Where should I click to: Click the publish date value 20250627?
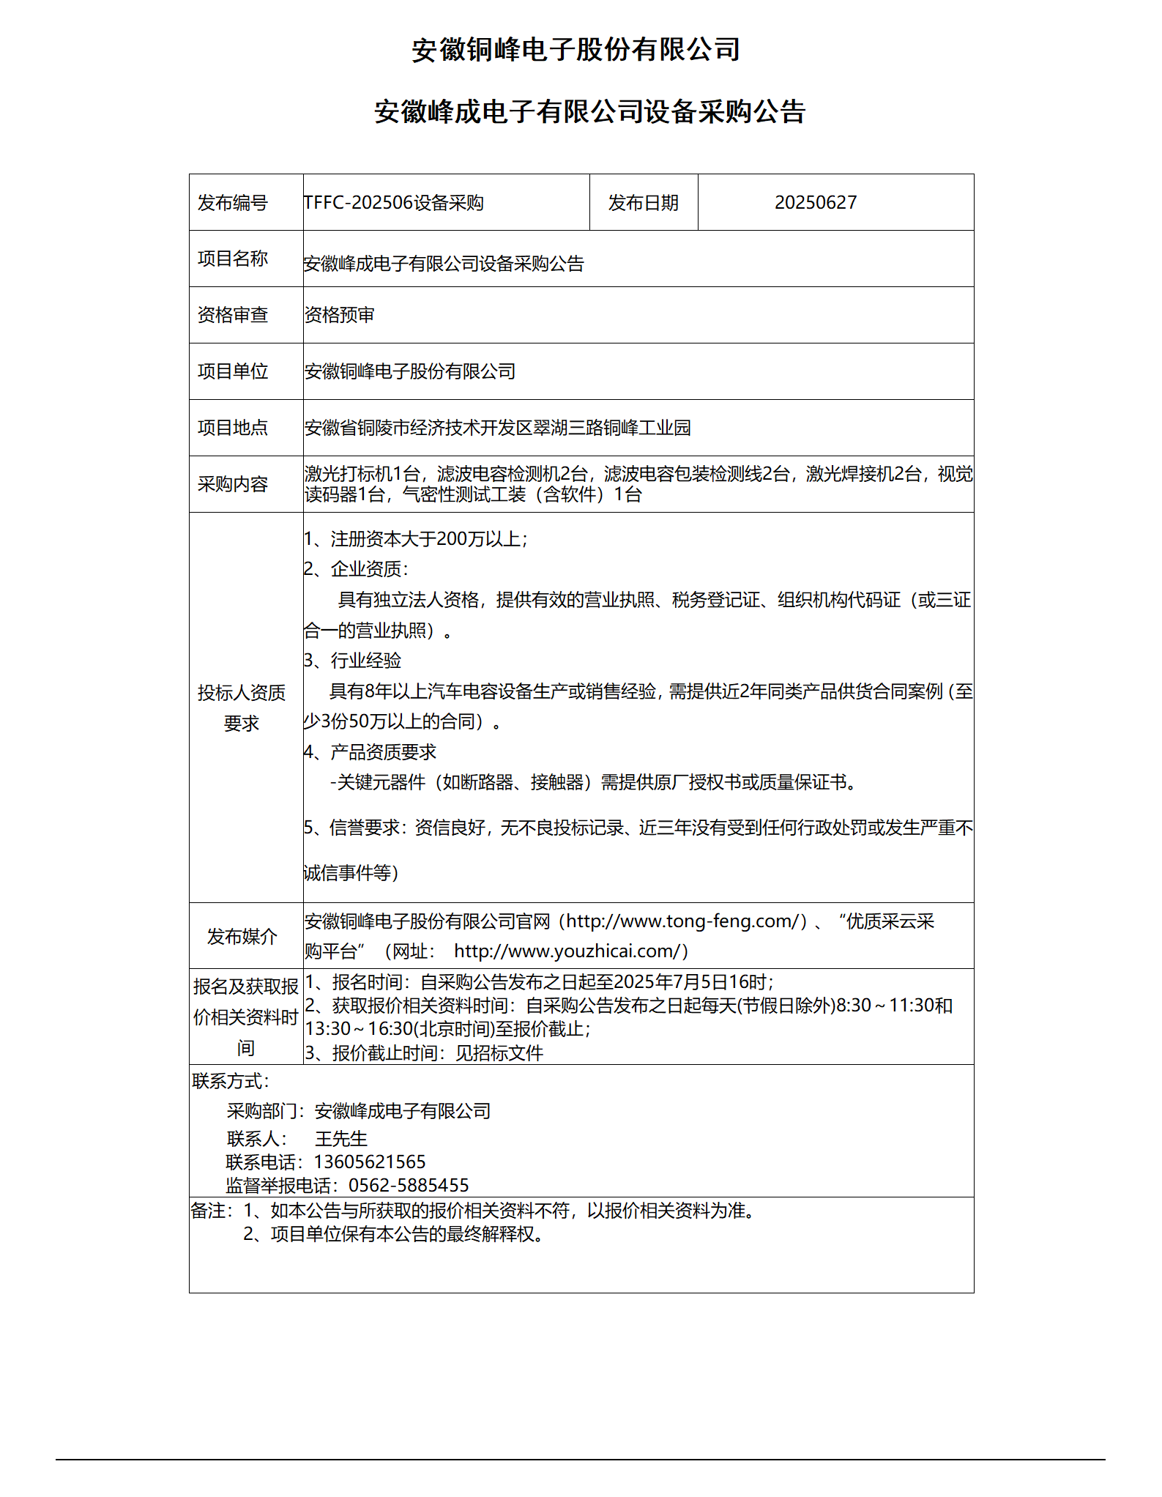[x=815, y=203]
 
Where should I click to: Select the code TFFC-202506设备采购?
[x=394, y=203]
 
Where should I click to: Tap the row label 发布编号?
[x=233, y=203]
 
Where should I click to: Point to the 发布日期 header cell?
[x=643, y=203]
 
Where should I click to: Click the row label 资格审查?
[x=233, y=315]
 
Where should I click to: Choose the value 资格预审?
[x=340, y=315]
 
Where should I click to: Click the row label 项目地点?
[x=233, y=428]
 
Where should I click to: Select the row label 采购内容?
[x=233, y=484]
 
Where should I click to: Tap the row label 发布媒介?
[x=242, y=936]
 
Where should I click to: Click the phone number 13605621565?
[x=370, y=1162]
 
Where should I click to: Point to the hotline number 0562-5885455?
[x=409, y=1185]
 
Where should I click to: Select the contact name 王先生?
[x=341, y=1139]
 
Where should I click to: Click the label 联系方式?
[x=231, y=1081]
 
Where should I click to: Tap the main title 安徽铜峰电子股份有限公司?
[x=576, y=50]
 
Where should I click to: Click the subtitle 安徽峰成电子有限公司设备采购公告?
[x=590, y=112]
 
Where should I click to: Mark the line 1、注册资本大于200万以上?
[x=416, y=539]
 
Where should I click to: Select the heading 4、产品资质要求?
[x=370, y=752]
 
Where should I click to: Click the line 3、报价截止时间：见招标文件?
[x=425, y=1053]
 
